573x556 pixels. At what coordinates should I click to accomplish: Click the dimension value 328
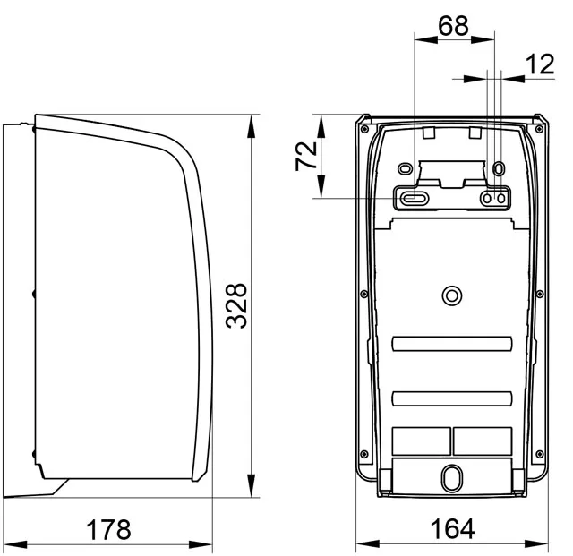tap(236, 305)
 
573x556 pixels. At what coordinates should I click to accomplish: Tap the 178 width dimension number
tap(108, 529)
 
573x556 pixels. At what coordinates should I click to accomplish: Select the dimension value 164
tap(452, 528)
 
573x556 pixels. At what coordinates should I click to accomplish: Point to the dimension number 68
tap(453, 26)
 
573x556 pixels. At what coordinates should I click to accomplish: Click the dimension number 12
tap(540, 64)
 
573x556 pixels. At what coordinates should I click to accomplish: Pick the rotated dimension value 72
tap(306, 156)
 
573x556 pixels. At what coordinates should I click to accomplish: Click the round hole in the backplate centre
tap(452, 295)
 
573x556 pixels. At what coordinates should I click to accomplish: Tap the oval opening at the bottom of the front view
tap(452, 478)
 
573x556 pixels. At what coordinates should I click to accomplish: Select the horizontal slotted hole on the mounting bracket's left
tap(414, 198)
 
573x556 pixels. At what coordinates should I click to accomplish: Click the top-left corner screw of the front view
tap(364, 129)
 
